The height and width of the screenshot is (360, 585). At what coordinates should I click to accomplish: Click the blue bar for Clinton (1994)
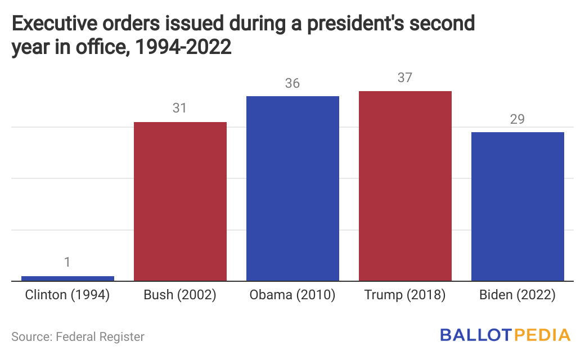[x=67, y=278]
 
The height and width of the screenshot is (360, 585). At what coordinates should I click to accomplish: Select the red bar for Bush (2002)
[x=180, y=201]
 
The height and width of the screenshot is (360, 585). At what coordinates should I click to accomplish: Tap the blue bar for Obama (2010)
[x=292, y=188]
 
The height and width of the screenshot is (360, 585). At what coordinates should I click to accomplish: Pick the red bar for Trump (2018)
[x=405, y=186]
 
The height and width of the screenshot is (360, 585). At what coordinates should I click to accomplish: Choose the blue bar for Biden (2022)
[x=517, y=206]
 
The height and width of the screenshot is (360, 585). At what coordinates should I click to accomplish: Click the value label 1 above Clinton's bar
[x=67, y=262]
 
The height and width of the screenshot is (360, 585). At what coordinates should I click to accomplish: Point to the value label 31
[x=179, y=107]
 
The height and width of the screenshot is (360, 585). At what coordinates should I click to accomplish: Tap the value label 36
[x=292, y=83]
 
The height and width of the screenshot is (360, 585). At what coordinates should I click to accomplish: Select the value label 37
[x=405, y=78]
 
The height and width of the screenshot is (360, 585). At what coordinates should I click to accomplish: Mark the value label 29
[x=517, y=119]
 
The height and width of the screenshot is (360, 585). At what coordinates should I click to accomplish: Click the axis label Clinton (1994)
[x=67, y=295]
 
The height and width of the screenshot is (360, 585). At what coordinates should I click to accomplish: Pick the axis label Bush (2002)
[x=180, y=295]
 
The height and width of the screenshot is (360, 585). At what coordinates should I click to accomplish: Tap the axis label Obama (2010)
[x=292, y=295]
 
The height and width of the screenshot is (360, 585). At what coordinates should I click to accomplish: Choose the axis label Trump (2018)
[x=405, y=295]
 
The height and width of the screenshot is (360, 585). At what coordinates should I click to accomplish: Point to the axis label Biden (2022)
[x=517, y=295]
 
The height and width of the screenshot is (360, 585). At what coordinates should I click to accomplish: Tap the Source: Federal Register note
[x=78, y=337]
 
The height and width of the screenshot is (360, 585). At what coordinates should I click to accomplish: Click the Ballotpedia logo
[x=505, y=336]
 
